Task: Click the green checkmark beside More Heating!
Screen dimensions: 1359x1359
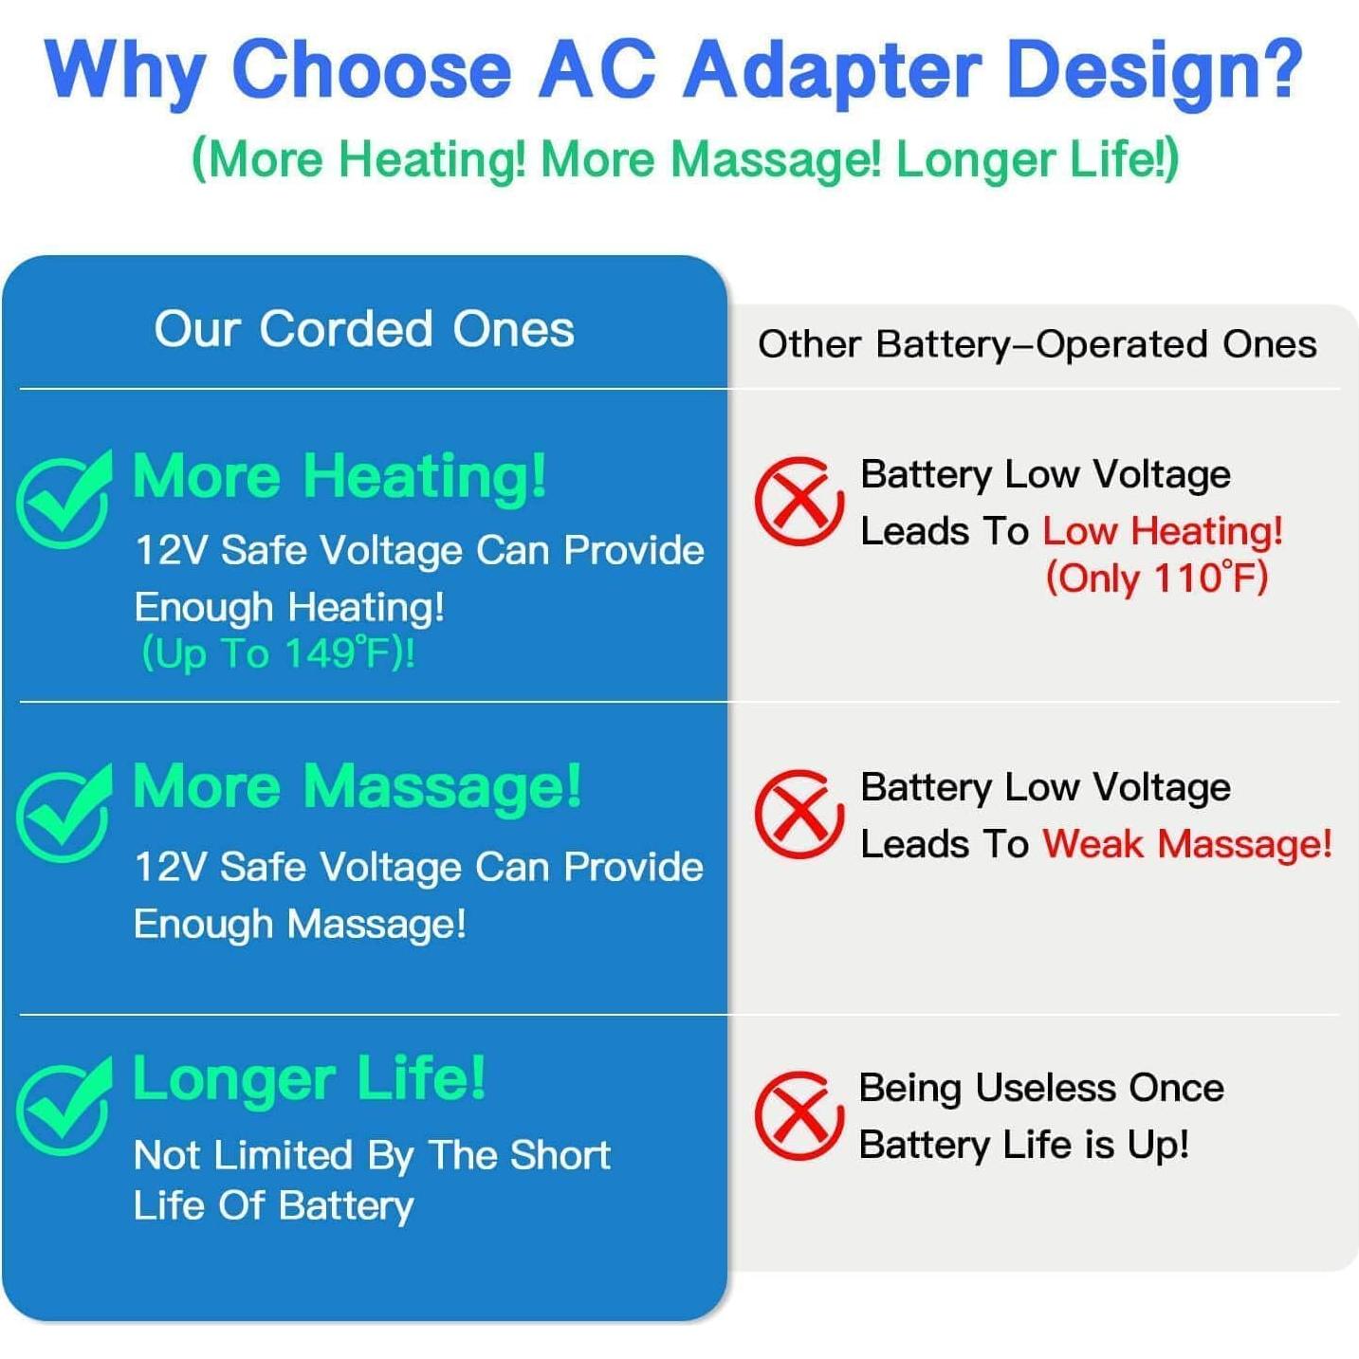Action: pos(64,499)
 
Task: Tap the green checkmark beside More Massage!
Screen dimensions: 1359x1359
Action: pos(64,813)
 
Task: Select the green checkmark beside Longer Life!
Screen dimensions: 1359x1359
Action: pos(64,1106)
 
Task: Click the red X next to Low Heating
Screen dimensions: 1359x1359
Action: pos(799,501)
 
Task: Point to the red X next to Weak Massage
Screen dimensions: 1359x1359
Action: pos(799,813)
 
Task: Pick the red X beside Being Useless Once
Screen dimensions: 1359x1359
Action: pos(799,1115)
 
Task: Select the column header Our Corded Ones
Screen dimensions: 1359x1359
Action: pos(364,329)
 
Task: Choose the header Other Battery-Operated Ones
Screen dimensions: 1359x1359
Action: pos(1037,345)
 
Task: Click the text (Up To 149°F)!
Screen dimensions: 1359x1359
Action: pos(279,653)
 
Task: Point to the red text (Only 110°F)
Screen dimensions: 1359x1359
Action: pos(1157,578)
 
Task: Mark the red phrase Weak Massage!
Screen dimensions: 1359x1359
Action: pos(1187,843)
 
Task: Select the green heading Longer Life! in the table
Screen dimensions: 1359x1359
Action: pos(309,1080)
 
